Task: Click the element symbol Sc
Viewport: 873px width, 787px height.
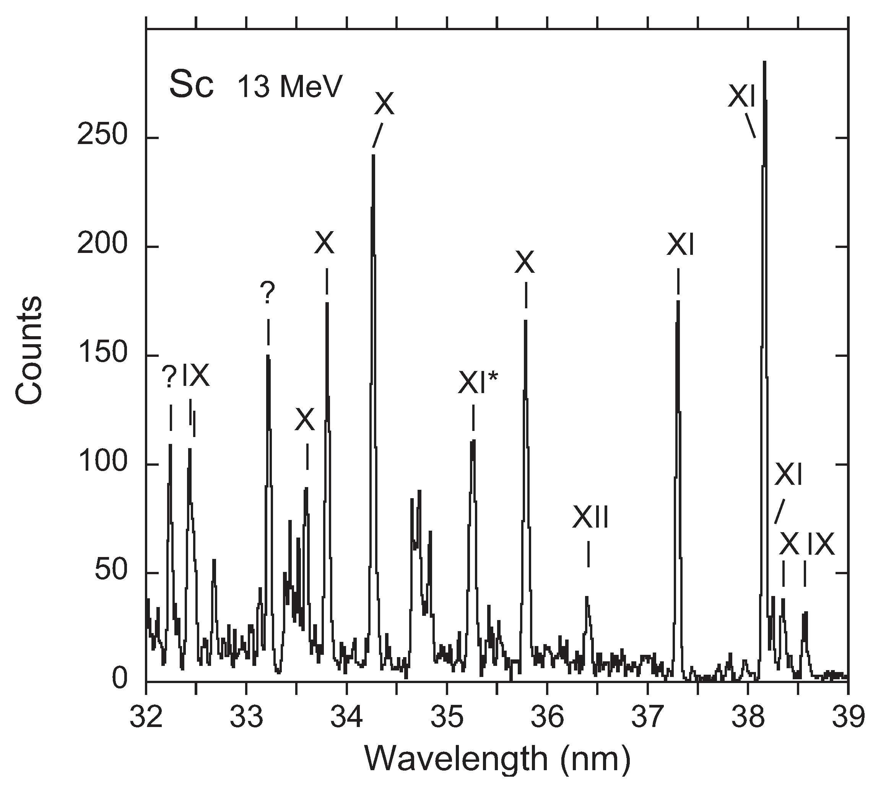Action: coord(191,85)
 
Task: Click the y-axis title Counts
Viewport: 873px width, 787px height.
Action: coord(29,350)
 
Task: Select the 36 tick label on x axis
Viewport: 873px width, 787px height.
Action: coord(547,717)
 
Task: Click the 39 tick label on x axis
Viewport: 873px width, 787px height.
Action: coord(847,717)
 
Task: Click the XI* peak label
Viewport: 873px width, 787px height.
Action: coord(478,383)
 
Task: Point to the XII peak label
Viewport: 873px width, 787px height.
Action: coord(590,518)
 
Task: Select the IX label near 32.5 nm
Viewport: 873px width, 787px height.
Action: coord(196,375)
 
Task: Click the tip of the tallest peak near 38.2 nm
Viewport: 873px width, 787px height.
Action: coord(764,63)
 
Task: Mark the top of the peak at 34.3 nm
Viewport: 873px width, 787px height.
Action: coord(373,155)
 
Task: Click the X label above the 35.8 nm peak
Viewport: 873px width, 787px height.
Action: coord(525,262)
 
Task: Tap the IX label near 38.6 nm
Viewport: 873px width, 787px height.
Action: coord(821,544)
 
